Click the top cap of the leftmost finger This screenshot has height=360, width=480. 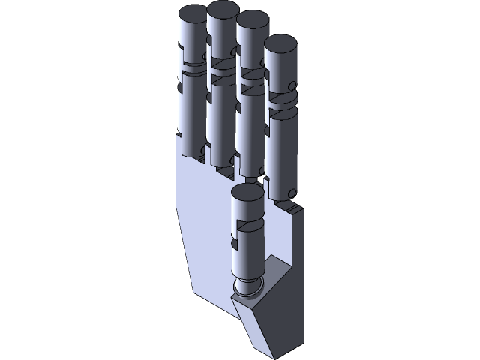(192, 13)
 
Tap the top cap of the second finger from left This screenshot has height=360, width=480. (222, 10)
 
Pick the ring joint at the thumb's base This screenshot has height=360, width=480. (248, 286)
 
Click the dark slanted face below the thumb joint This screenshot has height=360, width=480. (255, 322)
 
